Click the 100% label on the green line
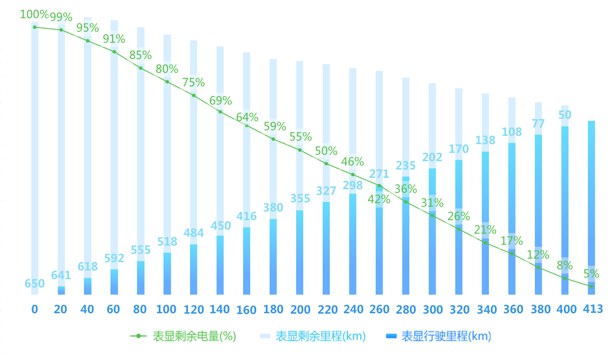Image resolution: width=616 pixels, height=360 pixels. coord(34,15)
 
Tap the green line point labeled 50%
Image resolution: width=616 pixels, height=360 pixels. coord(326,164)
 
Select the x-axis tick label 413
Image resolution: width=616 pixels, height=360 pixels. coord(593,309)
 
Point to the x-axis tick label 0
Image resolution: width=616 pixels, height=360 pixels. coord(35,309)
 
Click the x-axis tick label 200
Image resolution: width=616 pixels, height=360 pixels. coord(300,310)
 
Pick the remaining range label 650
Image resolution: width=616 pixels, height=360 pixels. coord(34,284)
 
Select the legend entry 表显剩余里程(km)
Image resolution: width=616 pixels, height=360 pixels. coord(313,336)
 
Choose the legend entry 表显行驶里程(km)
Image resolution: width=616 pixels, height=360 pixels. coord(439,336)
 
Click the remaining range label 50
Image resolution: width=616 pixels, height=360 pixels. coord(565,115)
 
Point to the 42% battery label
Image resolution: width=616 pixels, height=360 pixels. coord(379,199)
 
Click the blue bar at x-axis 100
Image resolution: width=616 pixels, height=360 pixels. coord(167,274)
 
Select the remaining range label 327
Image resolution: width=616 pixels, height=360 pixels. coord(326,191)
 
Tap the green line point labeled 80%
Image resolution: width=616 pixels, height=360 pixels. coord(167,82)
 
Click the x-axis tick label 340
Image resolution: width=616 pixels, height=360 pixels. coord(487,310)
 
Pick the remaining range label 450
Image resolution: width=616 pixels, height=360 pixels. coord(221,226)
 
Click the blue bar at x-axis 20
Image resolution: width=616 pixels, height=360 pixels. coord(61,290)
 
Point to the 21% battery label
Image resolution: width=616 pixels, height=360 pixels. coord(485,230)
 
